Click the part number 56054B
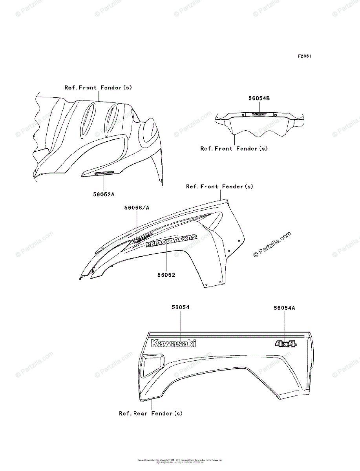[x=259, y=99]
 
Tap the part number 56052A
[x=104, y=194]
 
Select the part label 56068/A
[x=137, y=208]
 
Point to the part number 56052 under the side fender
[x=166, y=275]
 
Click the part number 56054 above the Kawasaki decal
[x=180, y=307]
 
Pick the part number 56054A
[x=284, y=308]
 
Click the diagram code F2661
[x=304, y=56]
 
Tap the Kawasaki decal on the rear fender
[x=174, y=343]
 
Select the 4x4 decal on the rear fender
[x=286, y=344]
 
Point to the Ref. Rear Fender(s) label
[x=151, y=413]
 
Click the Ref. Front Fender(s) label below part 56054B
[x=234, y=149]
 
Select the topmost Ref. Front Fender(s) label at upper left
[x=98, y=88]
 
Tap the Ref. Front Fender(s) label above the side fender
[x=219, y=186]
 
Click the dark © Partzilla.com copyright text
[x=272, y=244]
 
